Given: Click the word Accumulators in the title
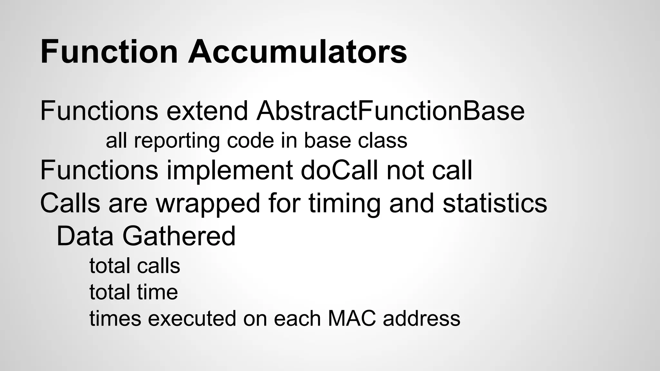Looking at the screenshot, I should pos(297,52).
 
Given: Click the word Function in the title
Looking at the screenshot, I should pos(109,52).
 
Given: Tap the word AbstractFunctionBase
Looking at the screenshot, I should pos(390,111).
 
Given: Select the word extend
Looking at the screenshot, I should pos(207,111).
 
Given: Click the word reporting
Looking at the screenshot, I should pos(176,141).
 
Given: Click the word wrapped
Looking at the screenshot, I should pos(208,204).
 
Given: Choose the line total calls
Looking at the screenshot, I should pos(134,266).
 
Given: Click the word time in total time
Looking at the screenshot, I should pos(157,292).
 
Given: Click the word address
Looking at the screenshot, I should pos(422,318).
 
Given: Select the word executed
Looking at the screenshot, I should pos(191,318).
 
